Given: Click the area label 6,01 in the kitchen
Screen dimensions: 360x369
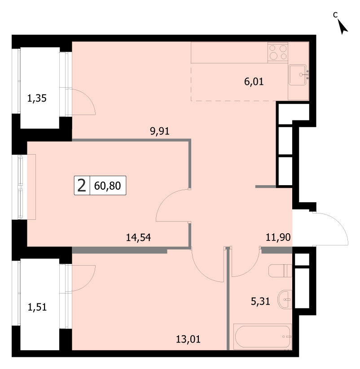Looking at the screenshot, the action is (x=254, y=82).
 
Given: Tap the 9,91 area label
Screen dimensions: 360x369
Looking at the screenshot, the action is (x=159, y=131).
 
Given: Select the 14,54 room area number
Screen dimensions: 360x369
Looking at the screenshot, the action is (x=138, y=237).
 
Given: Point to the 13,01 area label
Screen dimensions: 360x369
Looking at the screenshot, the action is (x=188, y=339).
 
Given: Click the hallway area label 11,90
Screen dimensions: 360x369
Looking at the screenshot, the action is (x=278, y=237).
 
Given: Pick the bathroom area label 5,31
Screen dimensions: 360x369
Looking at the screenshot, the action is (x=260, y=301).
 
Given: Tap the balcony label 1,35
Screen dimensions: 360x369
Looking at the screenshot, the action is (x=37, y=98).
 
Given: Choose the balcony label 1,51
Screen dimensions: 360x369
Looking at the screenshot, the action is (x=37, y=307).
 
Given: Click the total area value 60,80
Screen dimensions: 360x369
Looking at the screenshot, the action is (x=107, y=186).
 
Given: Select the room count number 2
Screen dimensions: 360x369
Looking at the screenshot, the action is (x=82, y=186).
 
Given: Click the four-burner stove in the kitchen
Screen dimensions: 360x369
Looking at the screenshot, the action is (x=278, y=52).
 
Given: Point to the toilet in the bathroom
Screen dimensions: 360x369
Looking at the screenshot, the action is (x=280, y=271).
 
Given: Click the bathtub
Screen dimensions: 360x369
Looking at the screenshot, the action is (x=263, y=337).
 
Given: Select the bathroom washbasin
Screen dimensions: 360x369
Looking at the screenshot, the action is (x=285, y=300).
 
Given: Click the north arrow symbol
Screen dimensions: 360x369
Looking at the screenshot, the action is (x=343, y=27).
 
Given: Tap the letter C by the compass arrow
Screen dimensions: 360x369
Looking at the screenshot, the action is (x=335, y=14).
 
